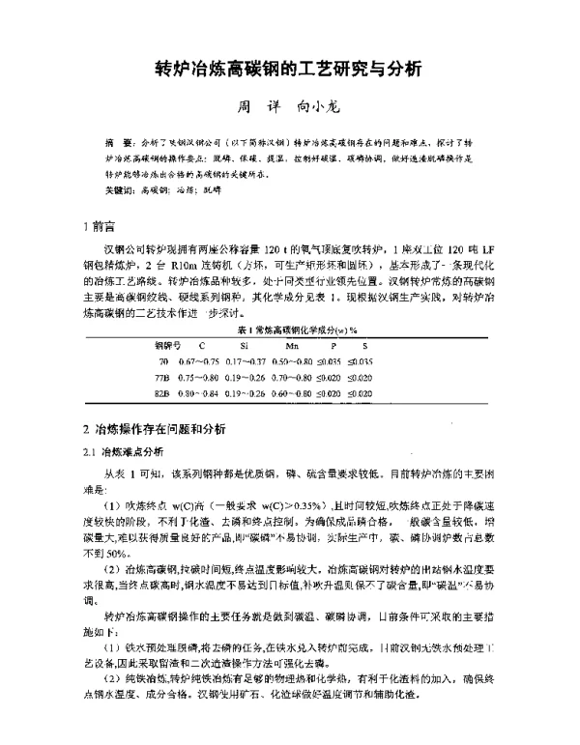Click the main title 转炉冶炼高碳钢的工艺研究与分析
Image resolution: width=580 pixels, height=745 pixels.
[x=289, y=70]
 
